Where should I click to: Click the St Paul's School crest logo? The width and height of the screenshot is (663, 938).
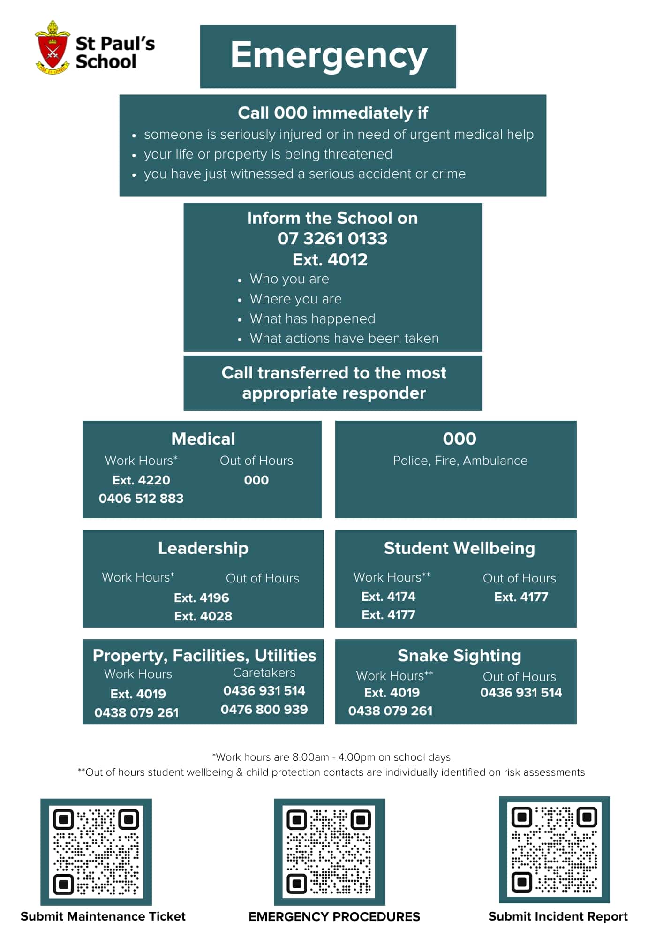coord(53,48)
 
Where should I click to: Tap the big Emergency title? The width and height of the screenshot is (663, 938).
coord(329,56)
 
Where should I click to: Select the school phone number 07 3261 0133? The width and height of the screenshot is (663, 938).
coord(332,239)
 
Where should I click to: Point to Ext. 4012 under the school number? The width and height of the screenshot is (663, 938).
coord(330,259)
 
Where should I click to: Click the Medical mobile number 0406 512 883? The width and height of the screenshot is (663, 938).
coord(141,498)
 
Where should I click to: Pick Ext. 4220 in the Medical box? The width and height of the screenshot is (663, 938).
coord(141,480)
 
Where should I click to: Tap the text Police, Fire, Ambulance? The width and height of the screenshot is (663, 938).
coord(460,461)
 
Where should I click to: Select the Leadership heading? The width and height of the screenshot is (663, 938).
coord(203,548)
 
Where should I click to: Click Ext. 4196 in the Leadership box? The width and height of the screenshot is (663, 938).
coord(202,598)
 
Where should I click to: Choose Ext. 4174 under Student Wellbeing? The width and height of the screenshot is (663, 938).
coord(388,597)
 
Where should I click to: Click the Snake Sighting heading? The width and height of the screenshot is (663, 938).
coord(460,656)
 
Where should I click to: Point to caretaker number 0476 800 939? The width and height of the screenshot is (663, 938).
coord(264,709)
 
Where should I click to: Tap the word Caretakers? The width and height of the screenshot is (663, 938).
coord(264,673)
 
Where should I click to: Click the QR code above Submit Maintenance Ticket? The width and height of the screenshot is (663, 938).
coord(96,851)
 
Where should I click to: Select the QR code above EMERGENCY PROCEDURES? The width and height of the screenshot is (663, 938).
coord(329,851)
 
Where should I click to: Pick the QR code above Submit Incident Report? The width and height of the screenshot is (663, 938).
coord(554,849)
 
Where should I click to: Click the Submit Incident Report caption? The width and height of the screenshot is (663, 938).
coord(558,916)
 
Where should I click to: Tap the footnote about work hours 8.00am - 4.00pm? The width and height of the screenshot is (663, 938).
coord(331,757)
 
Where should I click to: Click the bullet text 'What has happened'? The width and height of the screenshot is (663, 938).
coord(312,319)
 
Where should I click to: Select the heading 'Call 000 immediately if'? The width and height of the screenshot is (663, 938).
coord(333,113)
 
